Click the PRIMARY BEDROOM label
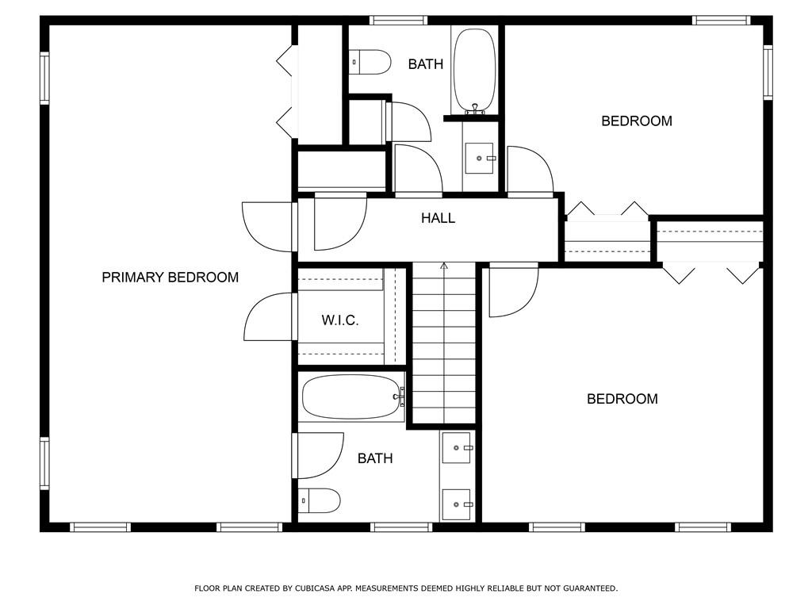pos(170,278)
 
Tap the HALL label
pos(438,218)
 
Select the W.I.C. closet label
pos(339,320)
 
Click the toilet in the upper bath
pos(370,62)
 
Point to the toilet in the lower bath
pos(319,500)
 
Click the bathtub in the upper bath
pos(474,71)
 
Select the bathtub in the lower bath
pos(351,398)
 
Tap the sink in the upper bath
pos(480,158)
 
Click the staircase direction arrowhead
pos(444,266)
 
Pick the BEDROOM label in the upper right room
pos(637,121)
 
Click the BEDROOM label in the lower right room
pos(622,399)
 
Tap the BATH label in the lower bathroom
pos(375,458)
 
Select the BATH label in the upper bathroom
pos(426,64)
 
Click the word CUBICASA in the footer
pos(313,588)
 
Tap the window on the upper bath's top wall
pos(398,20)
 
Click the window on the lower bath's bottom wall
pos(400,527)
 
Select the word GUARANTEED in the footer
pos(590,588)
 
